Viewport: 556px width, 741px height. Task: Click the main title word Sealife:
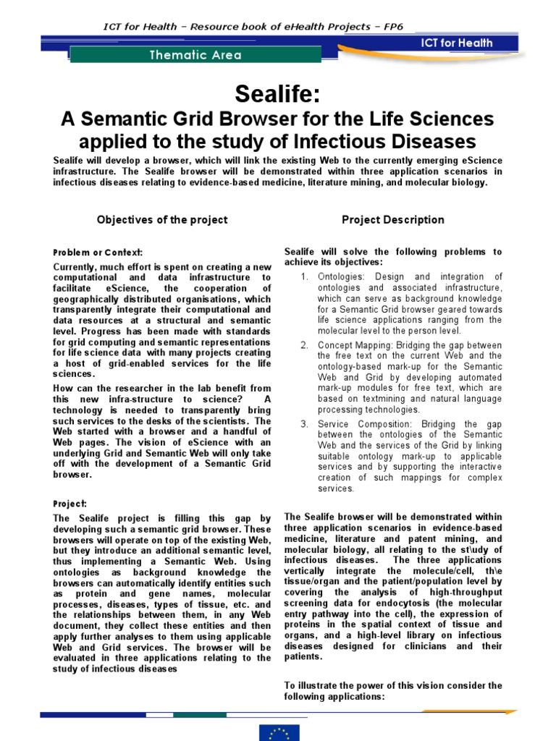click(278, 93)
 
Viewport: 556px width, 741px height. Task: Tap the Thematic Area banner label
click(195, 55)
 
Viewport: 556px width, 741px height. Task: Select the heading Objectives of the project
click(162, 220)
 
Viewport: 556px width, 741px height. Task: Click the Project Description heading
click(393, 220)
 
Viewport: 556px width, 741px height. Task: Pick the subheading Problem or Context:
click(98, 253)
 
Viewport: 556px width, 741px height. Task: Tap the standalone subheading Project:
click(70, 503)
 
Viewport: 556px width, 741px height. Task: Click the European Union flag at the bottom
click(279, 732)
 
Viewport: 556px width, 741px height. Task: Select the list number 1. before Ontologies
click(305, 277)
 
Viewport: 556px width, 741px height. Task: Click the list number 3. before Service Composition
click(305, 424)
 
